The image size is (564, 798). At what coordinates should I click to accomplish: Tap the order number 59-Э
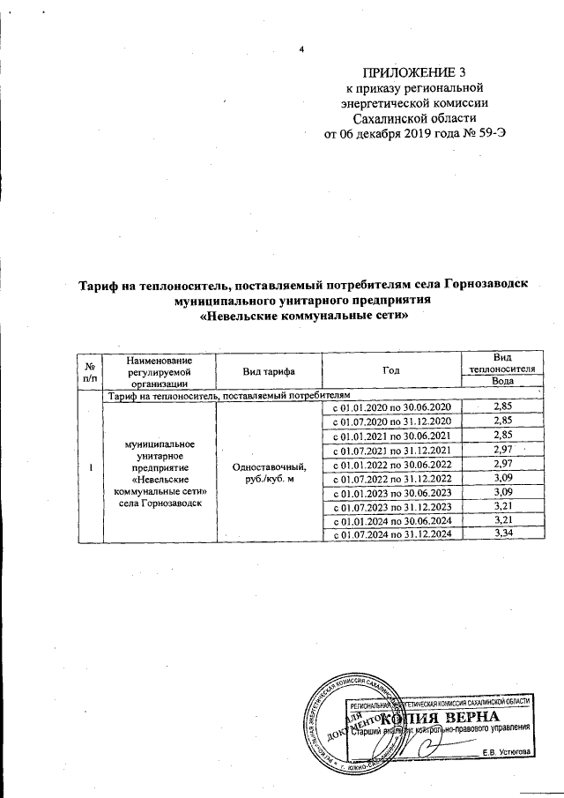click(x=491, y=134)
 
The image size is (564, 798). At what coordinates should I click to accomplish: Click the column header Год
click(x=391, y=371)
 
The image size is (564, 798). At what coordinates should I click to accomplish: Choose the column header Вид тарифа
click(x=270, y=371)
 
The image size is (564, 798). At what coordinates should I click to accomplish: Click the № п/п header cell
click(x=90, y=371)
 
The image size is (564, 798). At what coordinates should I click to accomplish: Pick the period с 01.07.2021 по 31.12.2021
click(x=391, y=451)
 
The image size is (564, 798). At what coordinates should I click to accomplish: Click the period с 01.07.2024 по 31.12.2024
click(x=391, y=534)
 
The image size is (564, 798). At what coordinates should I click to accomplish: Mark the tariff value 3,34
click(x=503, y=534)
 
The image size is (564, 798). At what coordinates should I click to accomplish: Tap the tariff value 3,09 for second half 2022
click(x=503, y=479)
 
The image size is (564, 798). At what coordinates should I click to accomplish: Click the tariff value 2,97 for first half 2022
click(x=503, y=465)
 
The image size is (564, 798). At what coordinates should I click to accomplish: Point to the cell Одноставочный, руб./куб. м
click(x=270, y=471)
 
